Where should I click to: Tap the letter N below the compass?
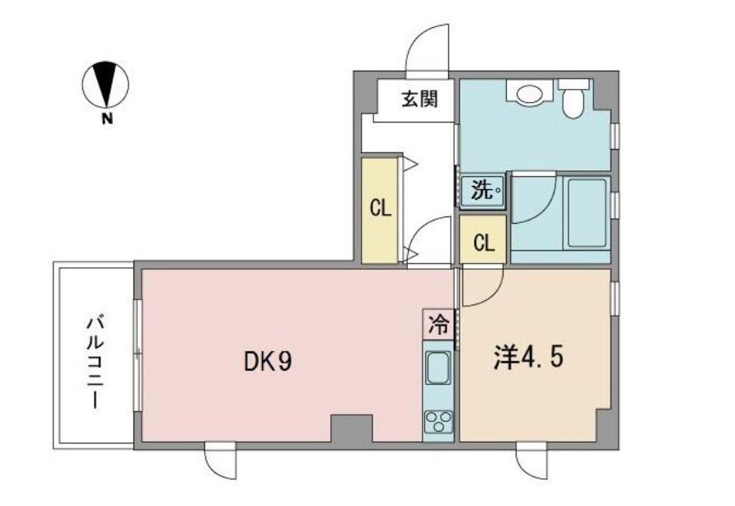click(x=107, y=119)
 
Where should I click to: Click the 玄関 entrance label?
click(x=419, y=100)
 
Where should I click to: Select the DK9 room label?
click(x=268, y=361)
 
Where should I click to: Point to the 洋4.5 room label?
click(x=528, y=358)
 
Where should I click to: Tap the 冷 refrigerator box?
click(x=438, y=324)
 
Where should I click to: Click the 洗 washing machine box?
click(x=483, y=191)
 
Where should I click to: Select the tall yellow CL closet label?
click(x=380, y=208)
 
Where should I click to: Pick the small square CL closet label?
click(x=484, y=243)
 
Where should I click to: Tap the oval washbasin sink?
click(x=530, y=94)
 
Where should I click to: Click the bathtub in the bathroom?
click(x=587, y=213)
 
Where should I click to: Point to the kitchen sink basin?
click(x=438, y=369)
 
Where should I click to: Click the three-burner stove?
click(x=438, y=421)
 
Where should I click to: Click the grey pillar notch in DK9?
click(x=352, y=428)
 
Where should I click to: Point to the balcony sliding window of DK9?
click(x=138, y=355)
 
